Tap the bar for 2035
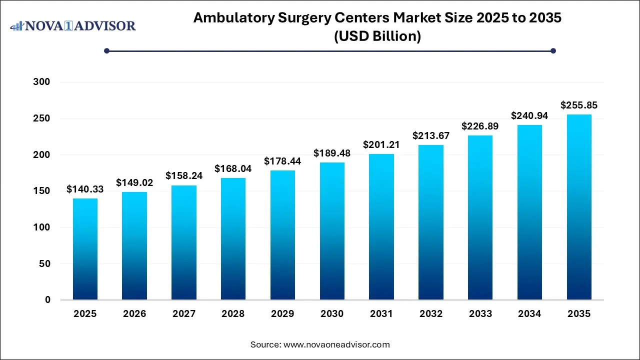tap(579, 207)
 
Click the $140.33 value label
tap(85, 189)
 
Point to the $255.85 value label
tap(579, 105)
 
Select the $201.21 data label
tap(381, 145)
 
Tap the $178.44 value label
tap(282, 161)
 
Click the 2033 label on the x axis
tap(480, 314)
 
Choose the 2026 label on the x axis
tap(134, 314)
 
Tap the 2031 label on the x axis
tap(381, 314)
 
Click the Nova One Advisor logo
tap(73, 25)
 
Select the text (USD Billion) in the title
tap(377, 36)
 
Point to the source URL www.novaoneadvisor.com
tap(336, 344)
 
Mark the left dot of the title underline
tap(106, 50)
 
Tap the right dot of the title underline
tap(553, 50)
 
